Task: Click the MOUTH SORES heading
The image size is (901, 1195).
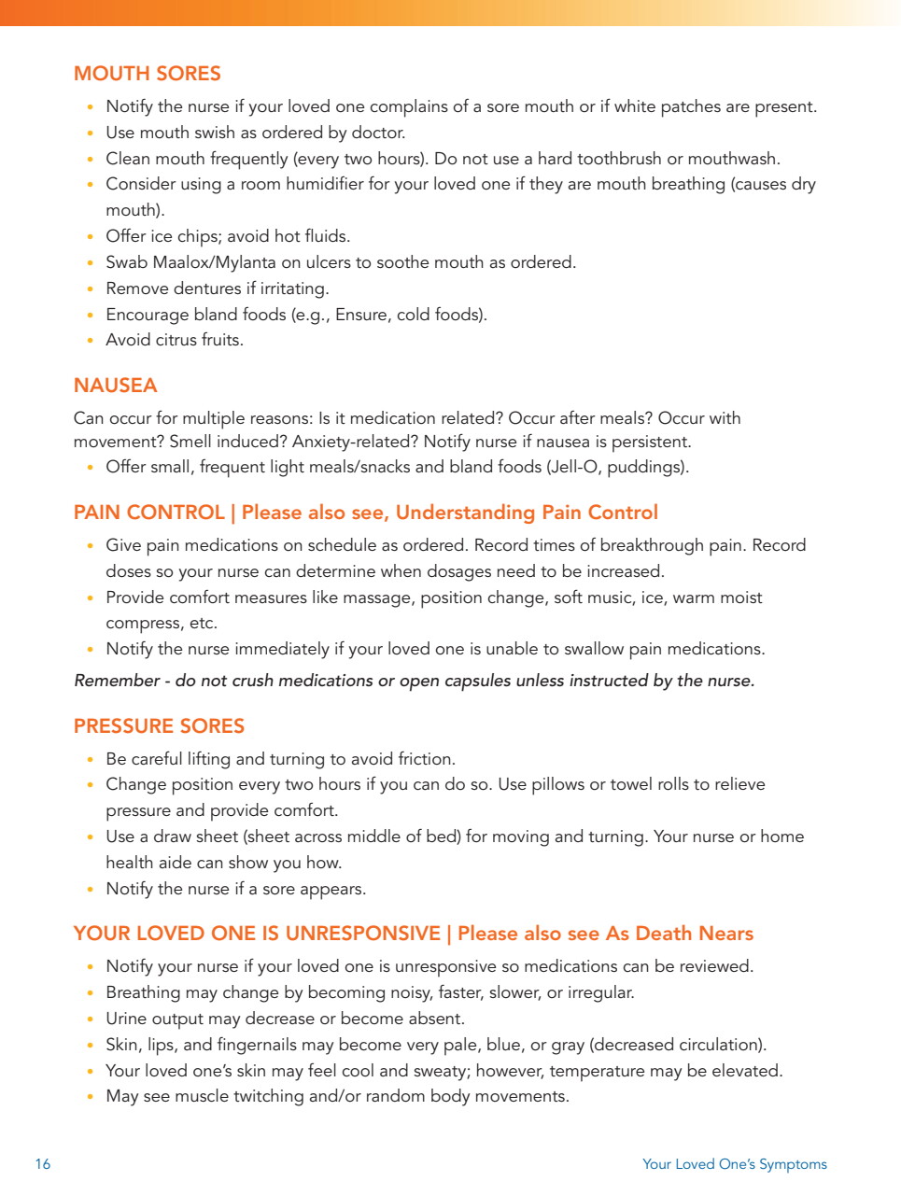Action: click(148, 74)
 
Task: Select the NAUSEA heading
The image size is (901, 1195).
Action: click(115, 386)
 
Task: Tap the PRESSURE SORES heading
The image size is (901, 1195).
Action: click(159, 726)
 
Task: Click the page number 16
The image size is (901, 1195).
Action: click(43, 1164)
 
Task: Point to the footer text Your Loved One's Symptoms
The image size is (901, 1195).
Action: click(734, 1164)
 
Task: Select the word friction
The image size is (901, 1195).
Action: click(426, 759)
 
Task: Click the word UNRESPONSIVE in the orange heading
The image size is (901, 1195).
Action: click(362, 934)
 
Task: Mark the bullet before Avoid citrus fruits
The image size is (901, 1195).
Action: click(90, 341)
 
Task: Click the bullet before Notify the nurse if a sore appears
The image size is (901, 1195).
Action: click(90, 890)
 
